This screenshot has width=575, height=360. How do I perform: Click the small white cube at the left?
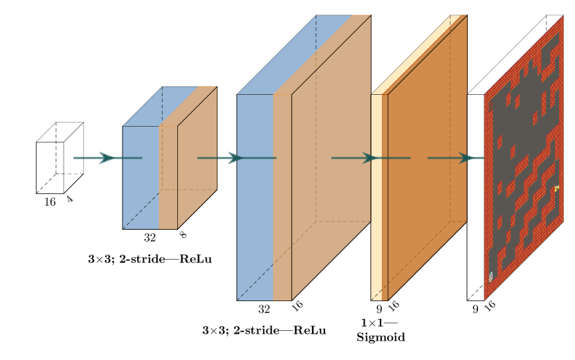coord(51,167)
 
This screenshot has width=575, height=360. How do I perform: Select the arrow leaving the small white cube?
coord(97,158)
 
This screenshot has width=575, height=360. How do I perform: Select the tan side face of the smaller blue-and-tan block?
coord(198,159)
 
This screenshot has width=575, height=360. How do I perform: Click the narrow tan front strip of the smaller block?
coord(168,180)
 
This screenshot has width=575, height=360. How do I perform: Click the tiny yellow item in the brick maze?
coord(556,188)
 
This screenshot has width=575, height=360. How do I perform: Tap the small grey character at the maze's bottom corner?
coord(491,277)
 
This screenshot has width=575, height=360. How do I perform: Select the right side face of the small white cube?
coord(73,158)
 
